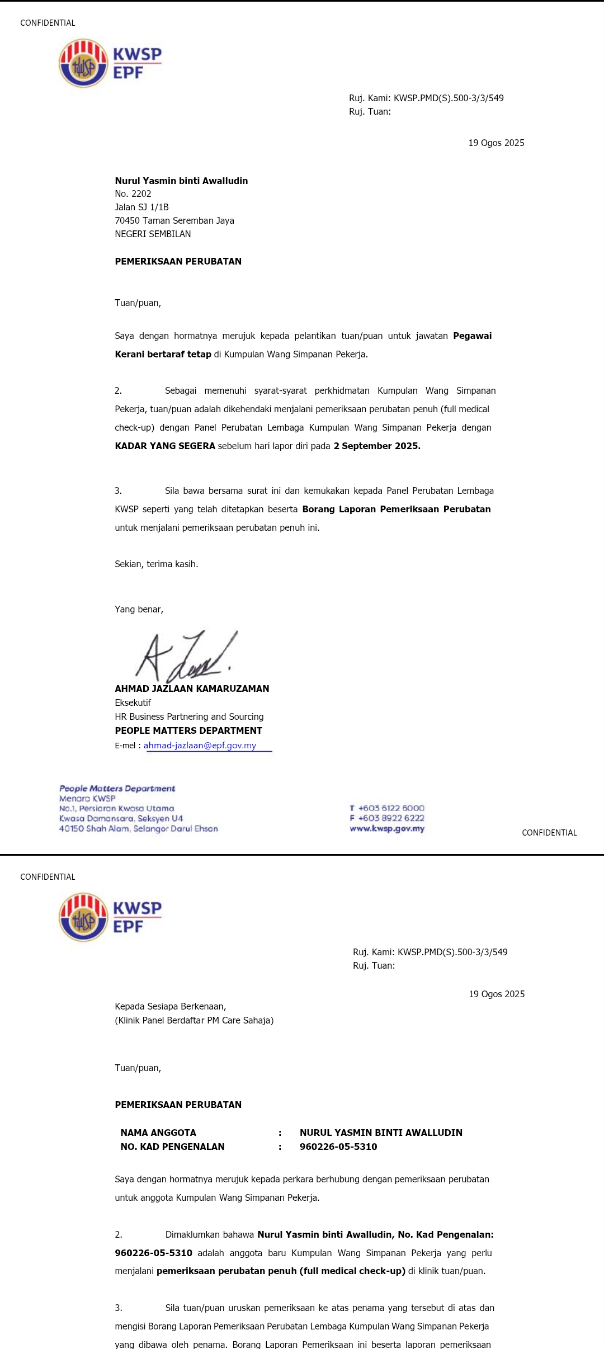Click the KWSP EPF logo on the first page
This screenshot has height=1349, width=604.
pyautogui.click(x=110, y=63)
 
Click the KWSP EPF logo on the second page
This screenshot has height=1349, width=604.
pyautogui.click(x=110, y=917)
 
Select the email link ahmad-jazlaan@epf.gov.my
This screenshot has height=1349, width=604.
pyautogui.click(x=200, y=746)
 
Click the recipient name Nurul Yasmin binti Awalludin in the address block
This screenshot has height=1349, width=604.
pyautogui.click(x=181, y=181)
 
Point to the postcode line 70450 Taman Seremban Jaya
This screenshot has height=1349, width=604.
pyautogui.click(x=174, y=220)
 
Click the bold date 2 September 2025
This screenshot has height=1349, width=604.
pyautogui.click(x=377, y=446)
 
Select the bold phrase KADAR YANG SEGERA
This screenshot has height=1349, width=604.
pyautogui.click(x=165, y=446)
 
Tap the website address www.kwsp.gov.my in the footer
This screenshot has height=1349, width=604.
pyautogui.click(x=387, y=829)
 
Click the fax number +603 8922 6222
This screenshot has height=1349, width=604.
pyautogui.click(x=391, y=818)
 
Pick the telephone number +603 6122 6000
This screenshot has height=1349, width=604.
pyautogui.click(x=391, y=808)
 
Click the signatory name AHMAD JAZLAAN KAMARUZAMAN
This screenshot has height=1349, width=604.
pyautogui.click(x=192, y=688)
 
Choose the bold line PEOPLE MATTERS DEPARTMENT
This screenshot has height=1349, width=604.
pyautogui.click(x=188, y=730)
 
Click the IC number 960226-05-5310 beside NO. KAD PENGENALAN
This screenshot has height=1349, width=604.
pyautogui.click(x=338, y=1147)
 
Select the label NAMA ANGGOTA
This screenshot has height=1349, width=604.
pyautogui.click(x=158, y=1133)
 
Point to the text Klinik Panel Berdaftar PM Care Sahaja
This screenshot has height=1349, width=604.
pyautogui.click(x=194, y=1020)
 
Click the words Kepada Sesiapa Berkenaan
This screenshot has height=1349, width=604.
pyautogui.click(x=170, y=1006)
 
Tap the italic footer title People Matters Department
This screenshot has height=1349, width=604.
pyautogui.click(x=117, y=789)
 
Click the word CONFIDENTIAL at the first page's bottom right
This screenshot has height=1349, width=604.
pyautogui.click(x=549, y=833)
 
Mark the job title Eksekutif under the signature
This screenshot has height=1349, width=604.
pyautogui.click(x=133, y=702)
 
